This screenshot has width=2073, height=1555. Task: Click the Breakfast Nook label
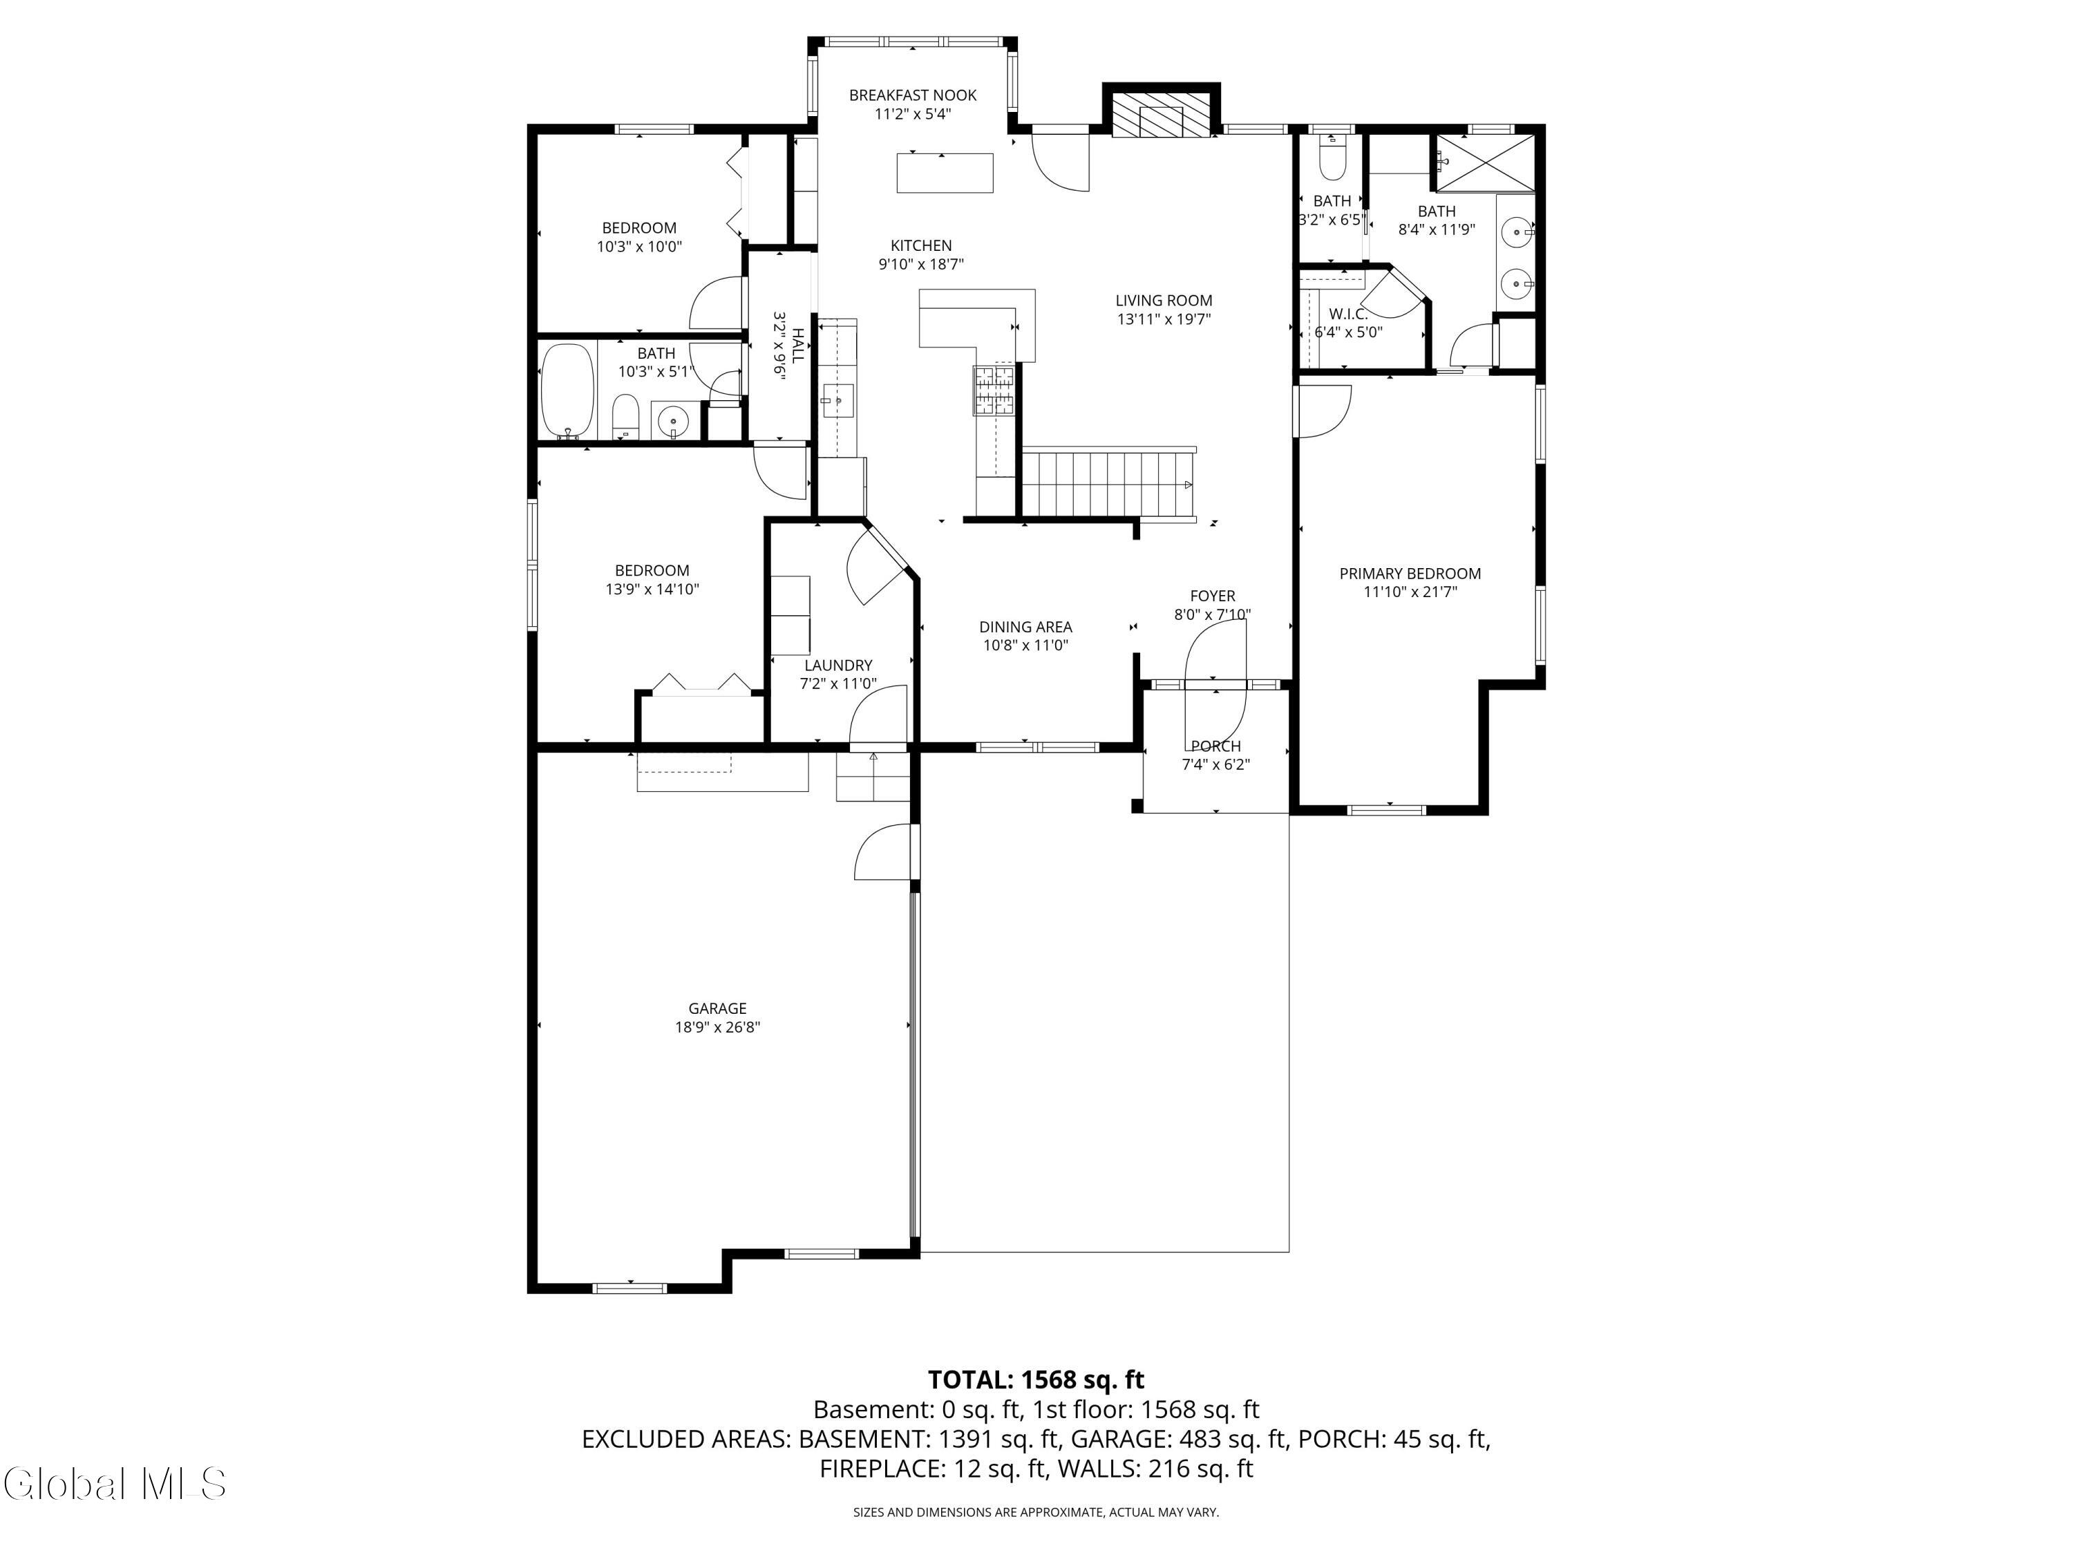pyautogui.click(x=912, y=95)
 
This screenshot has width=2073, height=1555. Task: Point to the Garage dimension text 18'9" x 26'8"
pyautogui.click(x=717, y=1026)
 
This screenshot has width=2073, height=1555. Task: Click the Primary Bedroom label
pyautogui.click(x=1410, y=574)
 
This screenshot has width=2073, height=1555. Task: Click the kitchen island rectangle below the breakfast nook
pyautogui.click(x=945, y=173)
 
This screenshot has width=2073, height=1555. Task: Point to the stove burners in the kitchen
pyautogui.click(x=994, y=389)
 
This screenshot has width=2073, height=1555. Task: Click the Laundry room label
pyautogui.click(x=837, y=666)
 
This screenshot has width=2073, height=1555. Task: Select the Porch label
pyautogui.click(x=1215, y=746)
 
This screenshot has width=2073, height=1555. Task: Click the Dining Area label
pyautogui.click(x=1025, y=627)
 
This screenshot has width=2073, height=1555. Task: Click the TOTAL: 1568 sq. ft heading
pyautogui.click(x=1036, y=1379)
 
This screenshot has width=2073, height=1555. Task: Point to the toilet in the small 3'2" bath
pyautogui.click(x=1331, y=160)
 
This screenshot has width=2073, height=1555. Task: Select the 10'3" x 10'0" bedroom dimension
pyautogui.click(x=639, y=247)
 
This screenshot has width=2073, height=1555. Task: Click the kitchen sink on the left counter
pyautogui.click(x=837, y=400)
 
